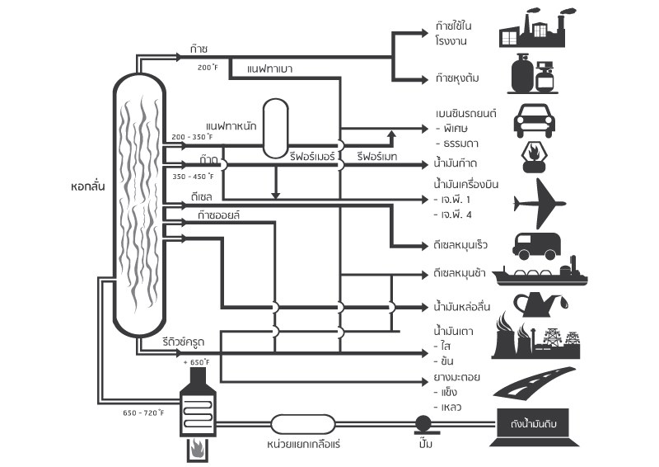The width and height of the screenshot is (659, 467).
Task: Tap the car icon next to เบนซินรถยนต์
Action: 540,120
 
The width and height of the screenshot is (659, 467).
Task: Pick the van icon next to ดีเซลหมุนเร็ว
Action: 539,243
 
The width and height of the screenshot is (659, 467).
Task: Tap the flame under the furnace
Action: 198,450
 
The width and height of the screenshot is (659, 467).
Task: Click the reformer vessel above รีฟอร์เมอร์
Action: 285,129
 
